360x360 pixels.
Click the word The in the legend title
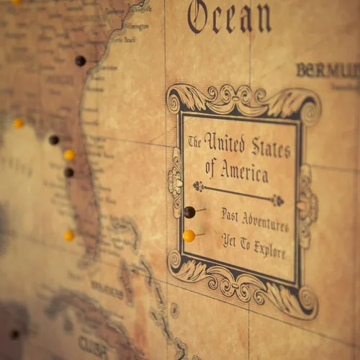[x=194, y=142]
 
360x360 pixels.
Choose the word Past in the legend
[x=230, y=214]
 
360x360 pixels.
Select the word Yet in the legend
[x=228, y=239]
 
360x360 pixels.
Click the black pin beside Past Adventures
[x=189, y=212]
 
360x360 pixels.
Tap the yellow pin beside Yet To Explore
[x=189, y=236]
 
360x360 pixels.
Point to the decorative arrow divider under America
[x=238, y=194]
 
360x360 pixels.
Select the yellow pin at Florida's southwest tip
[x=68, y=235]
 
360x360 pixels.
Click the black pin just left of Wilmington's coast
[x=80, y=61]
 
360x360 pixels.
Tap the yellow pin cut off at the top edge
[x=15, y=2]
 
